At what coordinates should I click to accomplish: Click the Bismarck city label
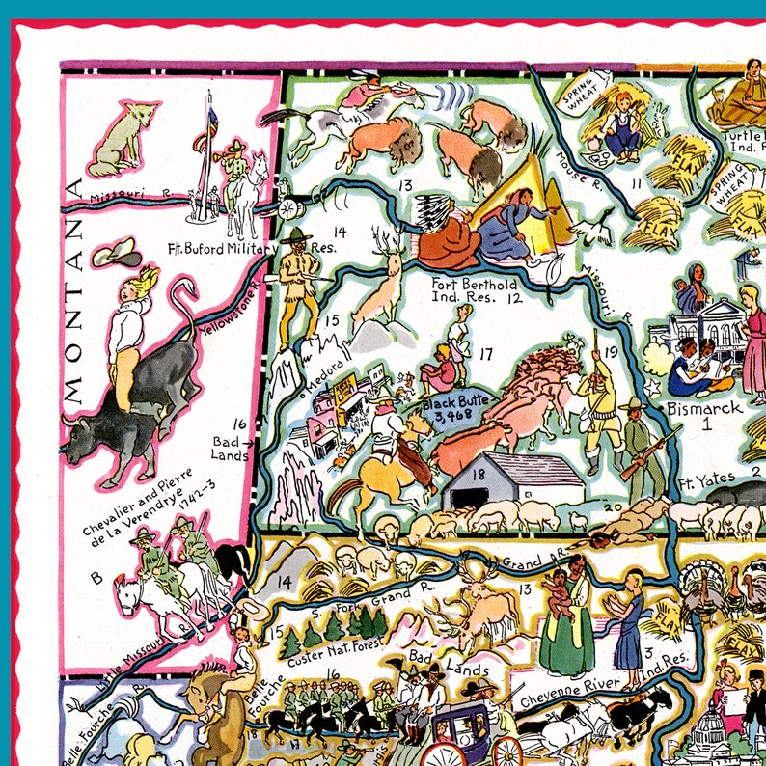pyautogui.click(x=706, y=408)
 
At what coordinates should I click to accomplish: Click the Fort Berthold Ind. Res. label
pyautogui.click(x=474, y=292)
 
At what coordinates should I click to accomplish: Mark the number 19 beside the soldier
pyautogui.click(x=610, y=352)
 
